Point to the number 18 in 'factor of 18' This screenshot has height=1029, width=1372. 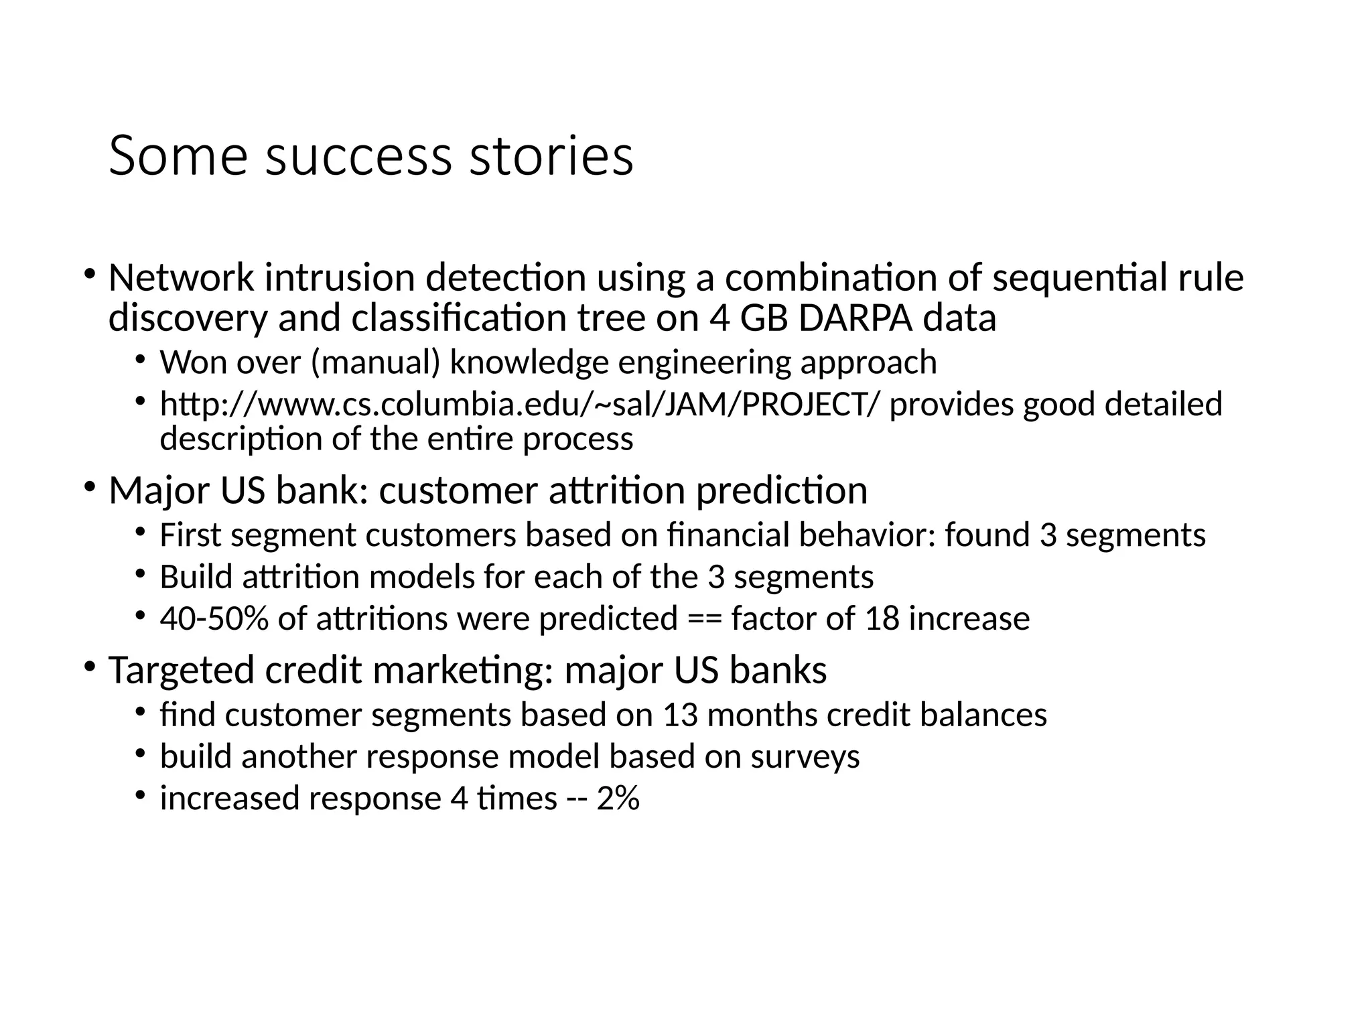tap(882, 618)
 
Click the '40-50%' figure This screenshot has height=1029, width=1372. tap(214, 618)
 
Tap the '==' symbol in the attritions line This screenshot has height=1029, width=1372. tap(705, 618)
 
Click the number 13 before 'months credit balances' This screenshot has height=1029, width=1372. tap(681, 715)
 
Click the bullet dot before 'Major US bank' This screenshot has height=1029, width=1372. tap(90, 486)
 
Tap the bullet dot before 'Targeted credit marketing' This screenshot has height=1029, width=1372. tap(90, 666)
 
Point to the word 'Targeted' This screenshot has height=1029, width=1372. tap(181, 671)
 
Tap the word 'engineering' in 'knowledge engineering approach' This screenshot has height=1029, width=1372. tap(704, 362)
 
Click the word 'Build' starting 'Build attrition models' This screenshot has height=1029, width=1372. tap(196, 577)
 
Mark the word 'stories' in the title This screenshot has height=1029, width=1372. tap(551, 156)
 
